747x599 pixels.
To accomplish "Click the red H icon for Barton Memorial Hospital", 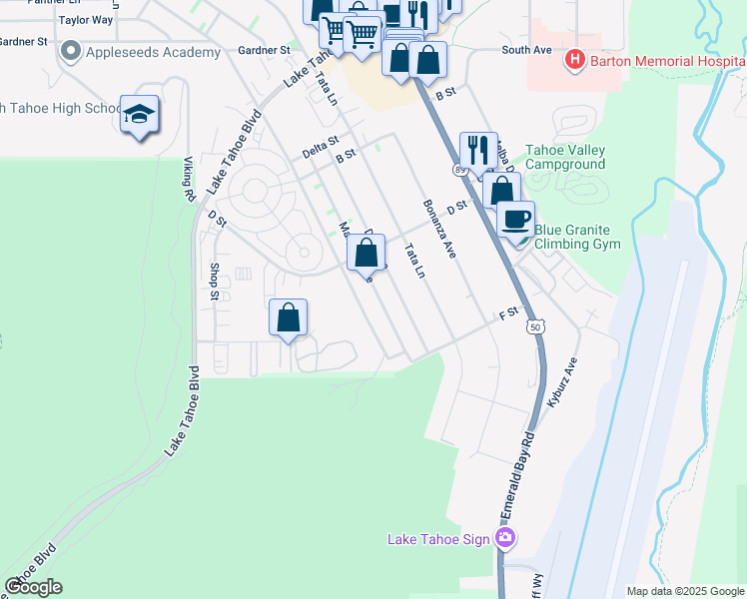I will pos(574,61).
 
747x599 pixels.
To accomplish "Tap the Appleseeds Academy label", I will pos(152,52).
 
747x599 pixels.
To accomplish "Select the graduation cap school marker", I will pos(140,115).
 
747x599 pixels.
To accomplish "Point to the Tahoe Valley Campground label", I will pos(565,158).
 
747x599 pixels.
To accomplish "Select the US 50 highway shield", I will pos(536,326).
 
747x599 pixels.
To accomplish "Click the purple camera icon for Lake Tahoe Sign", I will pos(505,539).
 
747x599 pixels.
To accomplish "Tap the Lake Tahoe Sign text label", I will pos(438,540).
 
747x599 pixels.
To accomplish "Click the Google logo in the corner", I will pos(33,587).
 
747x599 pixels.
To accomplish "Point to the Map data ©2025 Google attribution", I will pos(685,591).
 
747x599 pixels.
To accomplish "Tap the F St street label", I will pos(509,314).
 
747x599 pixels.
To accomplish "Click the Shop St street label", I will pos(214,282).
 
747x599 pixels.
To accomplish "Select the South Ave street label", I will pos(526,49).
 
